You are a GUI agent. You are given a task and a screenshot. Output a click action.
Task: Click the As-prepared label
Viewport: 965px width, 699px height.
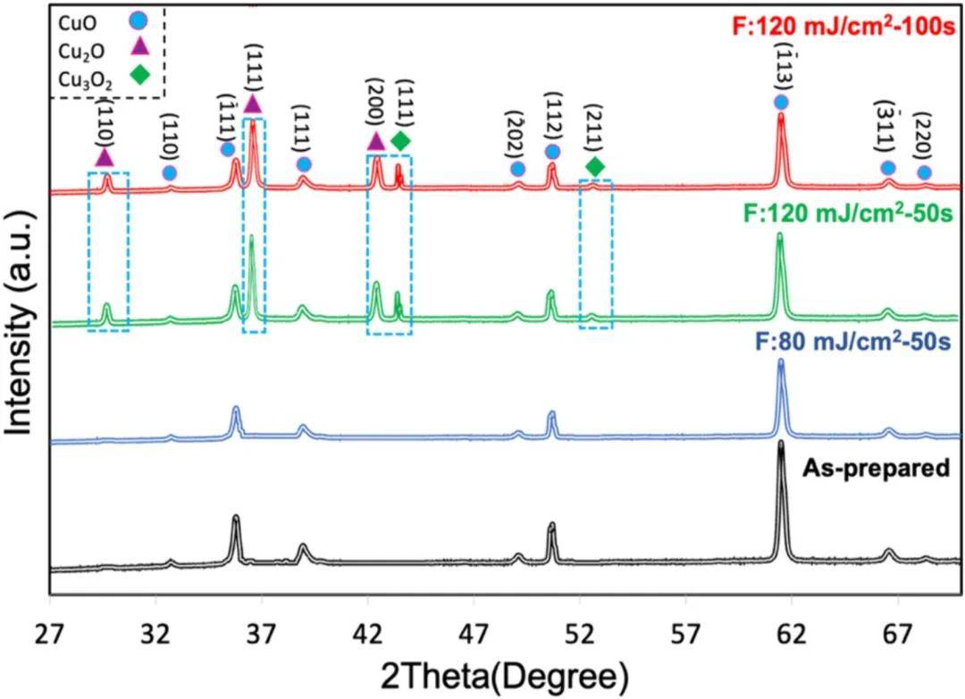tap(875, 466)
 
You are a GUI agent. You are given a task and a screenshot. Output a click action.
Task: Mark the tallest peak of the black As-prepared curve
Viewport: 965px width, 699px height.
tap(781, 444)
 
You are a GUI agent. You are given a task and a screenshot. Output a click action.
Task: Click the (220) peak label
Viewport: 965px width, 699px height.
tap(925, 137)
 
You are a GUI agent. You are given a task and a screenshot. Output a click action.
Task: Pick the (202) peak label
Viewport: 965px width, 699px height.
tap(514, 133)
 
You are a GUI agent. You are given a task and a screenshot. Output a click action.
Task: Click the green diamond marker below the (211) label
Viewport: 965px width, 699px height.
tap(595, 166)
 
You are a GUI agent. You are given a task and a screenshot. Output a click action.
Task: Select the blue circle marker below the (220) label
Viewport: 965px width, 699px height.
tap(924, 172)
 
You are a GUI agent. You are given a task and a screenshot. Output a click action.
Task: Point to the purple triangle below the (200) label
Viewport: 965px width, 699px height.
tap(376, 141)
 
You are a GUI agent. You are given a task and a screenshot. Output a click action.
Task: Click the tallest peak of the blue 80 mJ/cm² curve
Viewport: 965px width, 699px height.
tap(781, 362)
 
